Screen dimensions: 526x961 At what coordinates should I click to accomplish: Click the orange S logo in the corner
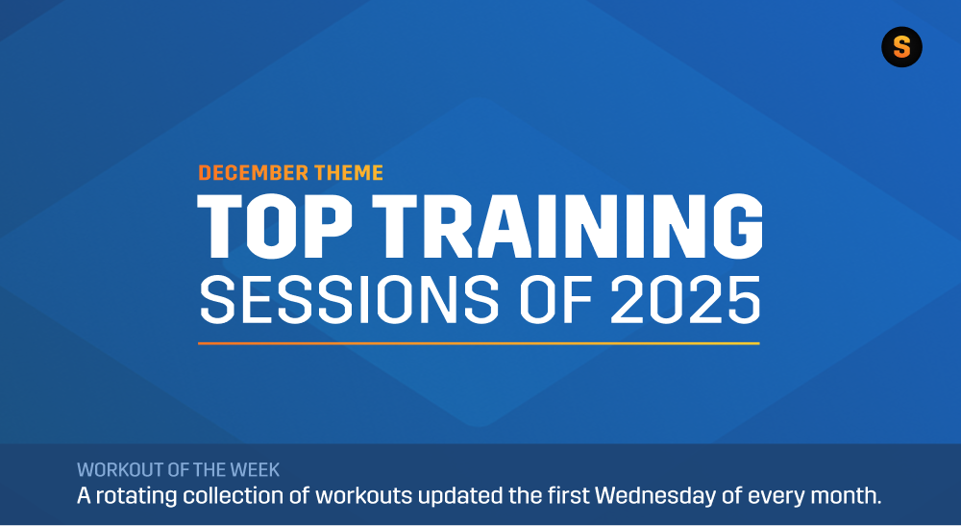(901, 47)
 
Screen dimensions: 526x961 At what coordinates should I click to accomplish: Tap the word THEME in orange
(347, 173)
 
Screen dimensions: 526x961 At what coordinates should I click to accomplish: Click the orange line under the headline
(479, 342)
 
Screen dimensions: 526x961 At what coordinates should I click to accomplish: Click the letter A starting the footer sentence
(84, 497)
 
